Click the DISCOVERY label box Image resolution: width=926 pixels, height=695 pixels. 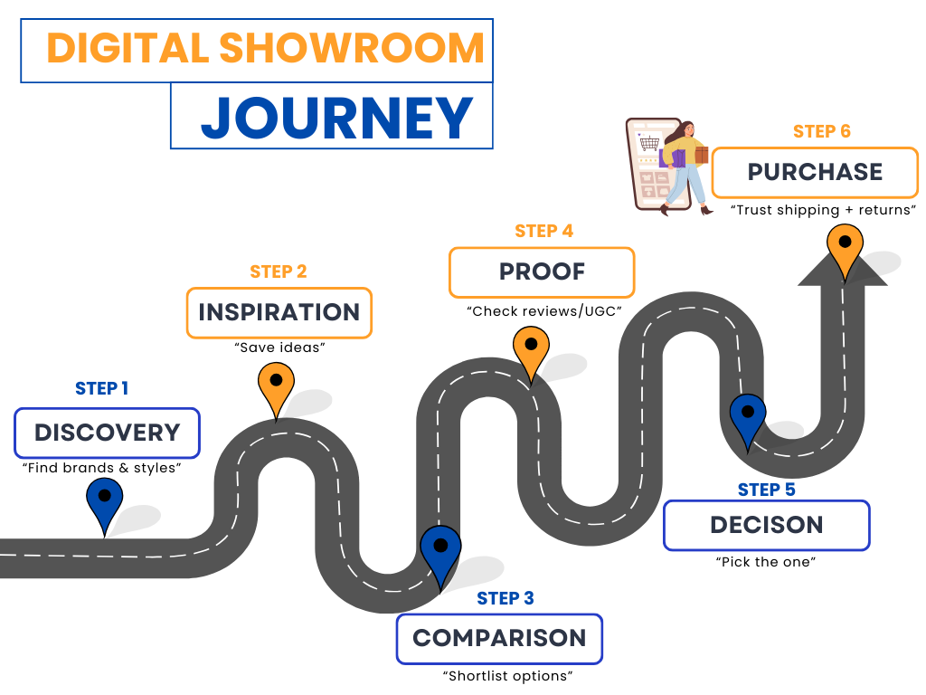pyautogui.click(x=107, y=433)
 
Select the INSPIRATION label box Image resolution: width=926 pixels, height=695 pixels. pyautogui.click(x=279, y=312)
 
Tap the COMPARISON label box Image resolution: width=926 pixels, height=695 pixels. pyautogui.click(x=499, y=638)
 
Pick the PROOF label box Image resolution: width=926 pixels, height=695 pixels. pyautogui.click(x=542, y=271)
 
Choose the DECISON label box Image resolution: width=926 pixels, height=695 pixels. pyautogui.click(x=766, y=525)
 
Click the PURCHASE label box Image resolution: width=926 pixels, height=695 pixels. pyautogui.click(x=814, y=172)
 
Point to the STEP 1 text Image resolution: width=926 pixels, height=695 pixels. pyautogui.click(x=101, y=388)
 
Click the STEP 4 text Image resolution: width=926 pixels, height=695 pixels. pyautogui.click(x=543, y=231)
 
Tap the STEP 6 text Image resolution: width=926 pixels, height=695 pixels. pyautogui.click(x=821, y=131)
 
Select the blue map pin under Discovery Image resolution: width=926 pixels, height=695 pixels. pyautogui.click(x=105, y=503)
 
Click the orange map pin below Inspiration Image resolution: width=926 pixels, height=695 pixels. pyautogui.click(x=275, y=387)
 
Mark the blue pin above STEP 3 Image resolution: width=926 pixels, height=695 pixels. pyautogui.click(x=440, y=553)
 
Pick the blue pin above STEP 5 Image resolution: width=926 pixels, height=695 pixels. pyautogui.click(x=748, y=418)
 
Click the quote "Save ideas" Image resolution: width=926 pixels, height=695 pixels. pyautogui.click(x=279, y=347)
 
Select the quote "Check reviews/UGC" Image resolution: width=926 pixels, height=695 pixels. pyautogui.click(x=543, y=311)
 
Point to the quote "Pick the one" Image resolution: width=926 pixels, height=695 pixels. pyautogui.click(x=766, y=561)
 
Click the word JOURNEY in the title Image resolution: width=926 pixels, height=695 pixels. pyautogui.click(x=336, y=117)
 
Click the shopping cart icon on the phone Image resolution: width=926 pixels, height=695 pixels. pyautogui.click(x=648, y=142)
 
